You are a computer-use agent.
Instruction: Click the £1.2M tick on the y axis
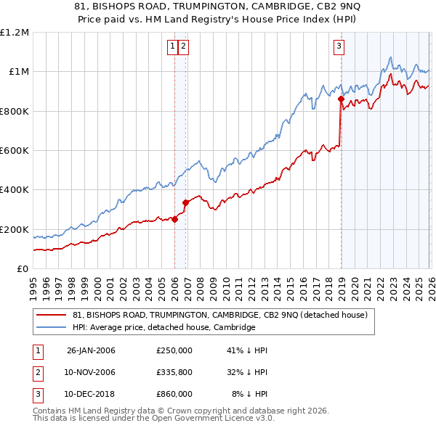pyautogui.click(x=15, y=33)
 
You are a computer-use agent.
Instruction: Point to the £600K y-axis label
pyautogui.click(x=15, y=151)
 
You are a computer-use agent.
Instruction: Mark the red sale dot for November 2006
pyautogui.click(x=185, y=203)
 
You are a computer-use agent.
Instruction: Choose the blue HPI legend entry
pyautogui.click(x=163, y=328)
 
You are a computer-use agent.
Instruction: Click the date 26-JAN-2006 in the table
pyautogui.click(x=91, y=350)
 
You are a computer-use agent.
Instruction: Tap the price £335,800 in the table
pyautogui.click(x=174, y=372)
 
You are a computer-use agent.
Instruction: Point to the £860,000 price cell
pyautogui.click(x=174, y=394)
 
